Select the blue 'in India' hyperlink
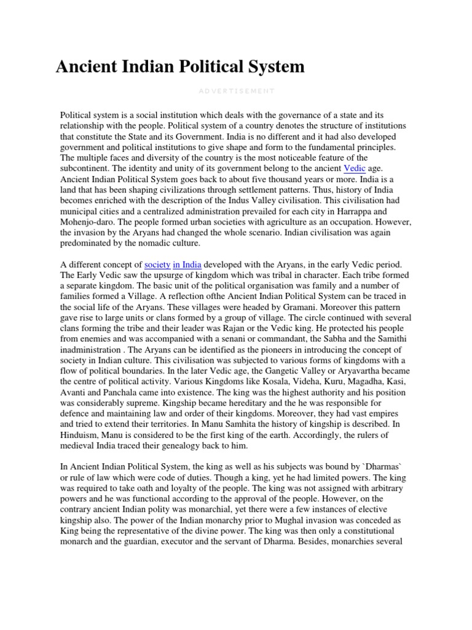(187, 264)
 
